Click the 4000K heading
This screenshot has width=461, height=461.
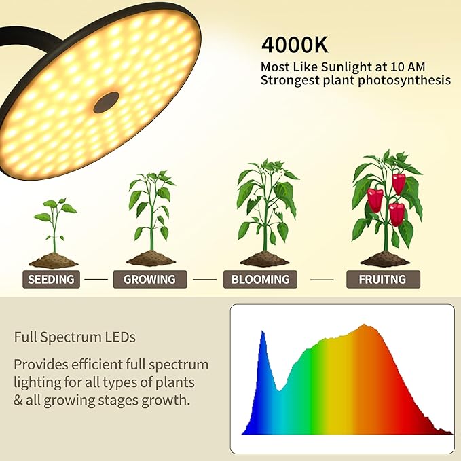296,45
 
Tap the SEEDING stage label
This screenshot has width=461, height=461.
51,279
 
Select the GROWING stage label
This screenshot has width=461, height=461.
149,279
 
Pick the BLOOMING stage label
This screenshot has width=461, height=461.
260,279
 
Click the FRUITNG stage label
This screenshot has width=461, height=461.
383,279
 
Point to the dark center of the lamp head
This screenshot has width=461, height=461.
106,103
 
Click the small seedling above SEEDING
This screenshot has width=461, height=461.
54,224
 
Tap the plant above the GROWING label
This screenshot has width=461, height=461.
151,210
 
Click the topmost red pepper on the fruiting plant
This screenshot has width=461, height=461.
399,183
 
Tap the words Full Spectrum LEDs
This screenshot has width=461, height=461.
75,337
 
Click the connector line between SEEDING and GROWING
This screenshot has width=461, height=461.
96,279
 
